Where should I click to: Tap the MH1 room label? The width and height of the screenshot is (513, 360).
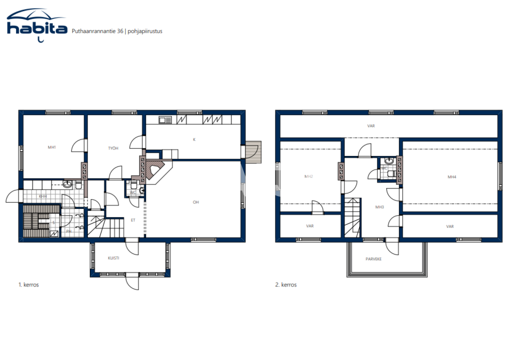(x=52, y=148)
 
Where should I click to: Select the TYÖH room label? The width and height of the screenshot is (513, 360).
(x=113, y=148)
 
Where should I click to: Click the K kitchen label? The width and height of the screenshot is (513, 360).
(x=194, y=140)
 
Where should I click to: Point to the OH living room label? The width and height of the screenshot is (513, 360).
(x=196, y=202)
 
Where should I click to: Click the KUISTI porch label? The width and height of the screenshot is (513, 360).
(x=113, y=258)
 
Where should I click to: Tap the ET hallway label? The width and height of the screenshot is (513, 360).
(x=133, y=220)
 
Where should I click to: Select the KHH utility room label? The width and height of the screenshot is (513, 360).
(x=42, y=196)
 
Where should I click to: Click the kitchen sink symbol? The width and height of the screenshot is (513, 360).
(x=165, y=119)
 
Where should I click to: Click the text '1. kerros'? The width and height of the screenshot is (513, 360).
(x=28, y=285)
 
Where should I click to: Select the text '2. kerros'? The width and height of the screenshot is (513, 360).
(x=286, y=285)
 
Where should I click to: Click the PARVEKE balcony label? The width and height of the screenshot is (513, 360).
(x=374, y=259)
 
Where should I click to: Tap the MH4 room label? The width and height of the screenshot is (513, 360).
(x=452, y=177)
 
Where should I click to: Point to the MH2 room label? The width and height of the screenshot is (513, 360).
(x=308, y=176)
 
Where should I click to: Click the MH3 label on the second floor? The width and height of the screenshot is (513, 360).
(x=380, y=207)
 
